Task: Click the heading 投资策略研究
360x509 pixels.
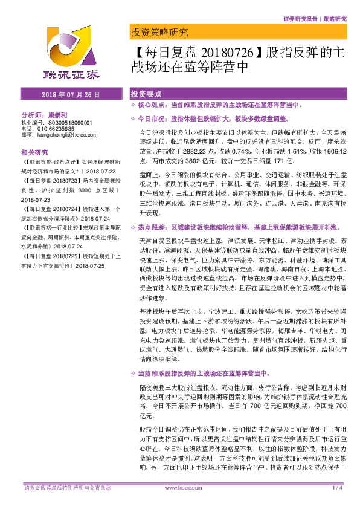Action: click(159, 32)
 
